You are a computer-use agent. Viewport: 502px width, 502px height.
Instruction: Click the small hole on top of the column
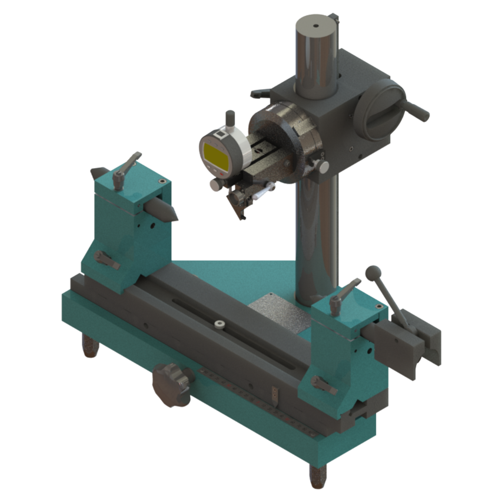coord(316,25)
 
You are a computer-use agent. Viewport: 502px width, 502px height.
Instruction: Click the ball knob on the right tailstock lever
coord(373,272)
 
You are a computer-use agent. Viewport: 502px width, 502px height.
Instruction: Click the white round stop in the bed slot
coord(220,324)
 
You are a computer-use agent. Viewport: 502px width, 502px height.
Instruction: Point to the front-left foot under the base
coord(90,347)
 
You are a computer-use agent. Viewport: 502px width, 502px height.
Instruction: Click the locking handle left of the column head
coord(260,93)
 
